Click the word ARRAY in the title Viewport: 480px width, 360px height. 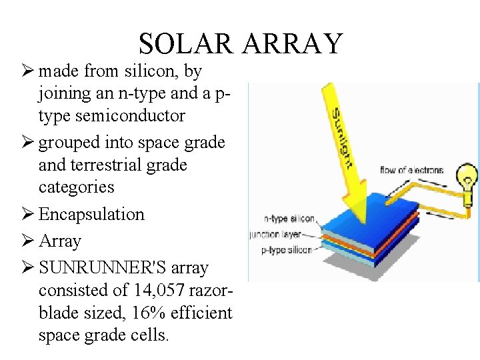(x=293, y=44)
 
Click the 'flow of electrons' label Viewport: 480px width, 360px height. (x=411, y=170)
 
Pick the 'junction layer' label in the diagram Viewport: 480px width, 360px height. (x=275, y=234)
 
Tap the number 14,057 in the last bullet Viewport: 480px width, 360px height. (x=160, y=290)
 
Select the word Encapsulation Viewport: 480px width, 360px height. (x=91, y=214)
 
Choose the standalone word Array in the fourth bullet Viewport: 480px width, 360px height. (x=60, y=241)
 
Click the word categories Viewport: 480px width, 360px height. (x=77, y=187)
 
